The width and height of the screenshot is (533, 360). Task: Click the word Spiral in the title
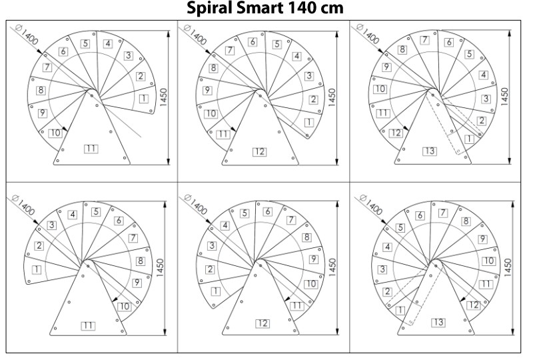point(209,8)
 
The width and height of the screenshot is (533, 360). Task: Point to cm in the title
point(331,9)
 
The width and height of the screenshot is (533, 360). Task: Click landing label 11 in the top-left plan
point(91,149)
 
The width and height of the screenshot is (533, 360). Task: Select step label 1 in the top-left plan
point(144,99)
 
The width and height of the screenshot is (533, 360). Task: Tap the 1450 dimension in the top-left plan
point(163,97)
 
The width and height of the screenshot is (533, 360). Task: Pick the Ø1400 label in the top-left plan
point(27,35)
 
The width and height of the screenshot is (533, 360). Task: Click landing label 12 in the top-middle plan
point(259,152)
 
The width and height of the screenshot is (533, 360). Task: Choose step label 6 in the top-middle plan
point(253,42)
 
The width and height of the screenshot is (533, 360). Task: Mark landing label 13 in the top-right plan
point(430,151)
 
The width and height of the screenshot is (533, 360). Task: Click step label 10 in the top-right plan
point(380,89)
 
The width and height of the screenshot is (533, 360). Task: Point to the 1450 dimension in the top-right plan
point(504,97)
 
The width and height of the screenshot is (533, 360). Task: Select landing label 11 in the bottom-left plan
point(88,325)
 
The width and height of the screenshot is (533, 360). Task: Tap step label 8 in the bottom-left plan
point(140,261)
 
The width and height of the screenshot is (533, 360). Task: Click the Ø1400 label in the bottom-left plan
point(23,205)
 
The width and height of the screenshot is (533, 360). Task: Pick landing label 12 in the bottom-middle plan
point(262,323)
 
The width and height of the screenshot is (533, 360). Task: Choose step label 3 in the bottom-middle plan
point(212,245)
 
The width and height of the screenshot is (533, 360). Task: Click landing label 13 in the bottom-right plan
point(438,322)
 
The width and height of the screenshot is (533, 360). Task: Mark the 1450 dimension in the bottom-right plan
point(508,267)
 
